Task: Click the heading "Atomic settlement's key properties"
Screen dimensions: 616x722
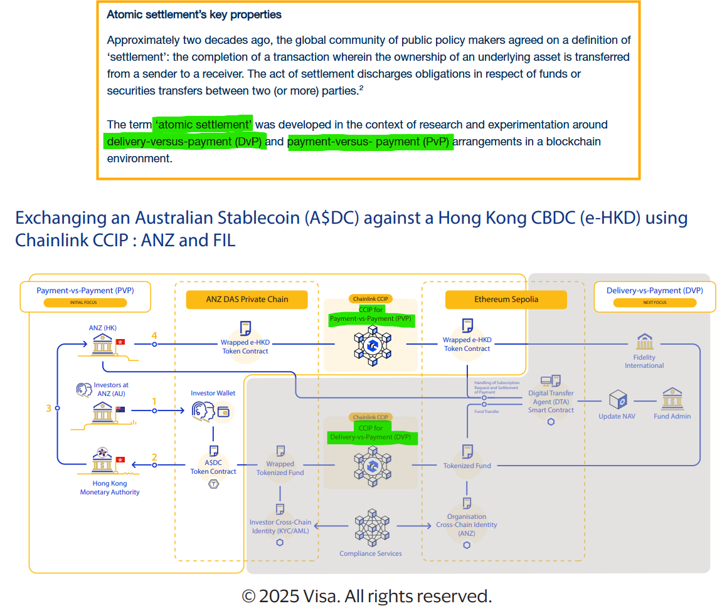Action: [194, 14]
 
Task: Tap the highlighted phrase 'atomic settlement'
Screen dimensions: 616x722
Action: [203, 124]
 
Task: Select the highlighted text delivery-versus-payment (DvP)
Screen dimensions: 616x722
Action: [184, 142]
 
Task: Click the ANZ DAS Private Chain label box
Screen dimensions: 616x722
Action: [247, 299]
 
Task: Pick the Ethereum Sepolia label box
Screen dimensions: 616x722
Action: [506, 299]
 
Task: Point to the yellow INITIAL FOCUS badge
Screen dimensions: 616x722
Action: [85, 303]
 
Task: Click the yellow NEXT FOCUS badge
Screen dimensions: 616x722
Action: [655, 303]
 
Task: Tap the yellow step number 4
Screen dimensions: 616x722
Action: [154, 336]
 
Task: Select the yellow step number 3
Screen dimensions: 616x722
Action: [48, 409]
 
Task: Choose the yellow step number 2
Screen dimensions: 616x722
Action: [154, 457]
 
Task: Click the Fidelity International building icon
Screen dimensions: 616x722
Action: [644, 342]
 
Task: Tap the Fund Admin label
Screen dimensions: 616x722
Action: [672, 416]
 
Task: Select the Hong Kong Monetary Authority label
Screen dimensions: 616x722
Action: [110, 488]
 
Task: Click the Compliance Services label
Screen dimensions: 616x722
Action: [371, 553]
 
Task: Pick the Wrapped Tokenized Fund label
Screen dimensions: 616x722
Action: [280, 468]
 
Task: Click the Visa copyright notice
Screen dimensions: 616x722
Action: [366, 595]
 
